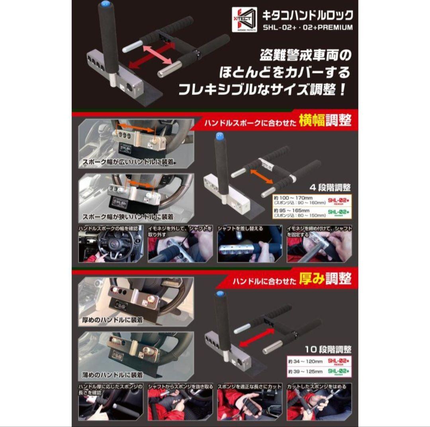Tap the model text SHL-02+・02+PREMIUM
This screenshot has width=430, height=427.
click(x=307, y=27)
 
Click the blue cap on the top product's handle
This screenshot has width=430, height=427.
click(x=105, y=4)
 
